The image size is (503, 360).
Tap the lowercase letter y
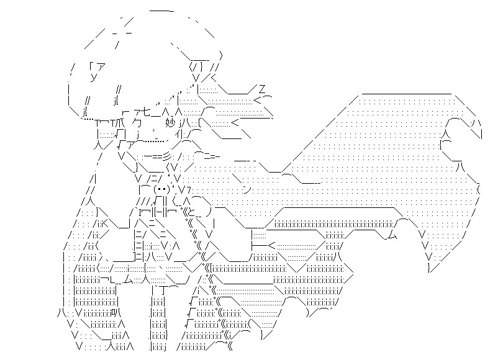click(93, 78)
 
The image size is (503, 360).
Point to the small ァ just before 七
click(135, 112)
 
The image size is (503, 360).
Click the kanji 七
click(146, 112)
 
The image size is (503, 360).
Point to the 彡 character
click(176, 156)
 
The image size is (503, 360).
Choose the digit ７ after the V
click(189, 189)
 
